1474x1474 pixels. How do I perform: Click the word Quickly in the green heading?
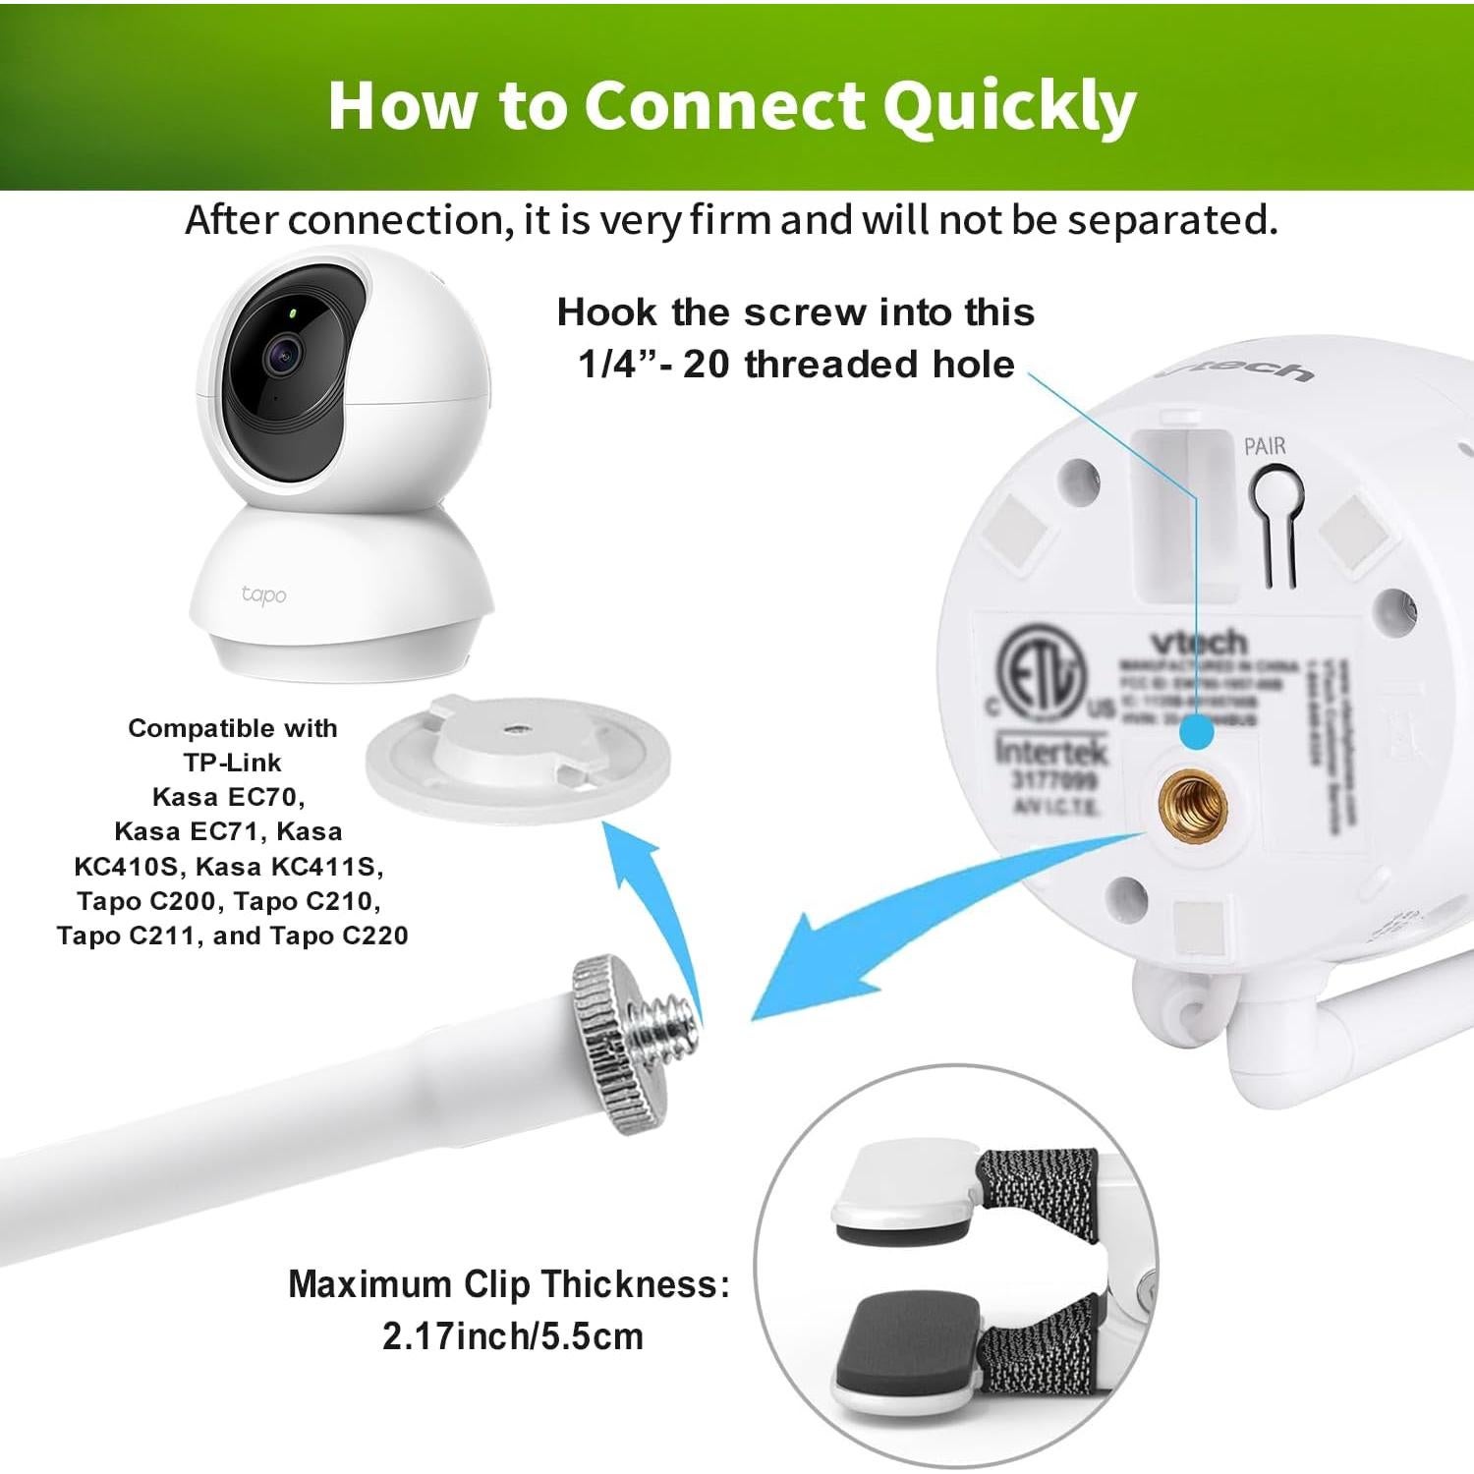1008,106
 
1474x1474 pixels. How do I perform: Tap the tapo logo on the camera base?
263,595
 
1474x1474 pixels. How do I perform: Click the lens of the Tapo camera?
283,352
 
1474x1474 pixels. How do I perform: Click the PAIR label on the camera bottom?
1264,446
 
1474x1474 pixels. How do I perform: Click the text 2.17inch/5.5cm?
512,1336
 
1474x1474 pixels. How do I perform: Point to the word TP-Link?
232,763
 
